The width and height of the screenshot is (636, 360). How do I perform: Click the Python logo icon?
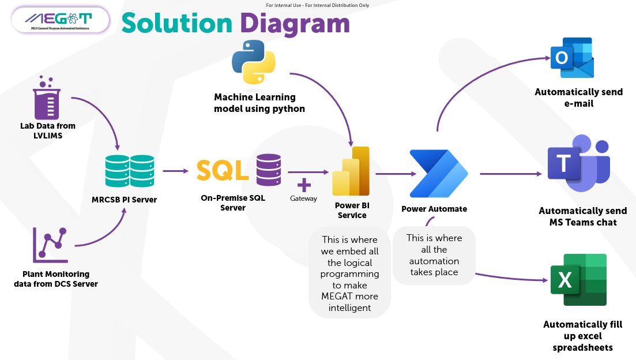coord(254,62)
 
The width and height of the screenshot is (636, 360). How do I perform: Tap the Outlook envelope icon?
coord(572,58)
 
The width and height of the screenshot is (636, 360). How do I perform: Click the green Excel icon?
coord(578,280)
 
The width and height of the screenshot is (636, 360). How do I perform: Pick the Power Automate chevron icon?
coord(438,173)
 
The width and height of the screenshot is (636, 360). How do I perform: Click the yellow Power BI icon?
coord(351,171)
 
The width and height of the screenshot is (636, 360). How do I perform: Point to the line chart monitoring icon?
coord(51,243)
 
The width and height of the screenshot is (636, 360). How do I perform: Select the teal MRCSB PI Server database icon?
coord(130,171)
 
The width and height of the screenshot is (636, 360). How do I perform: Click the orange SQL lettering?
coord(223,170)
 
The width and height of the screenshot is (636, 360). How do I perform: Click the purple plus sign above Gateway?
coord(304,185)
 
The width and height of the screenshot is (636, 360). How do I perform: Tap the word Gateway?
coord(303,198)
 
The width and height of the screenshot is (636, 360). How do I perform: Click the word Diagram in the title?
coord(295,23)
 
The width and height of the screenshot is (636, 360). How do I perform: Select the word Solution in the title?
coord(176,23)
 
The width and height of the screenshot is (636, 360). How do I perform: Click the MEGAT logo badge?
coord(60,20)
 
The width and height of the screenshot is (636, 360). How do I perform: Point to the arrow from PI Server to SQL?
coord(175,171)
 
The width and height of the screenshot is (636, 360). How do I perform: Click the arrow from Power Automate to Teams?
coord(511,173)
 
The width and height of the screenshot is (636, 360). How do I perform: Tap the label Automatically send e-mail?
coord(578,97)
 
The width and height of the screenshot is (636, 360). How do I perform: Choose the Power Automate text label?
coord(434,209)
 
